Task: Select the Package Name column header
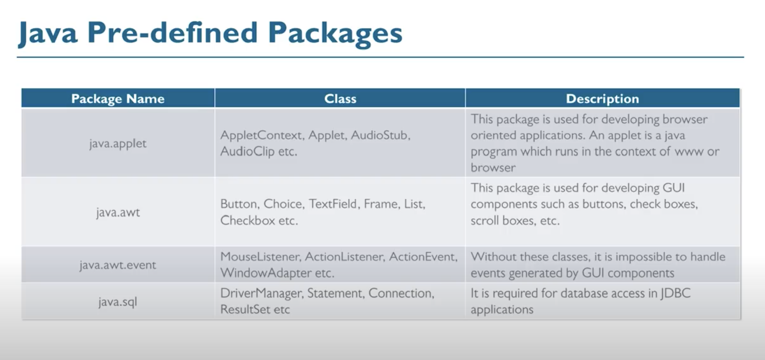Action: [118, 99]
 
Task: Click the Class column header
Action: [340, 99]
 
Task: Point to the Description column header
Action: [602, 99]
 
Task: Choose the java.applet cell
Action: [118, 143]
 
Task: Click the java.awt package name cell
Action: [118, 212]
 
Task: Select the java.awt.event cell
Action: [118, 265]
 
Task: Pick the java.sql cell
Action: [118, 302]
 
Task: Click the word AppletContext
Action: [261, 135]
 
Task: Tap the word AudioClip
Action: [247, 151]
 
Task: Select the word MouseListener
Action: [260, 256]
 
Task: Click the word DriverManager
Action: [261, 293]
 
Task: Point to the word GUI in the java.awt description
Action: [673, 188]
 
